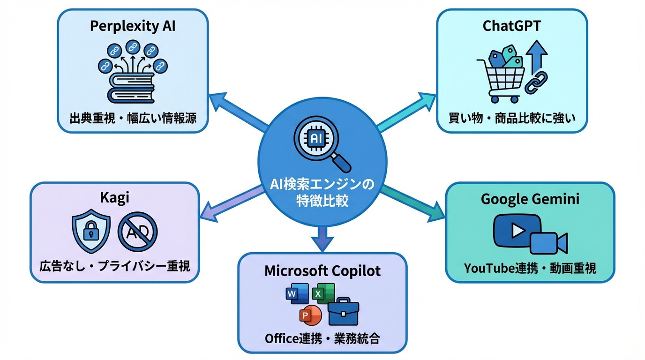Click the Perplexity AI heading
133,26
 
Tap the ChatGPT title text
511,26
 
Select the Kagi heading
114,198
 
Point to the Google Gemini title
530,199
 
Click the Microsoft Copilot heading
322,271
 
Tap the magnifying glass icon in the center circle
322,143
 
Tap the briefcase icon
344,312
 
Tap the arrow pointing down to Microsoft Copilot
322,237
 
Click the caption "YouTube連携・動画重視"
530,268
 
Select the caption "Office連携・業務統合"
322,338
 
